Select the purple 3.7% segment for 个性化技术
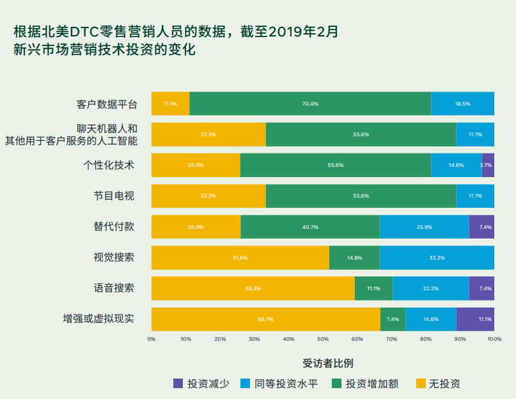488,165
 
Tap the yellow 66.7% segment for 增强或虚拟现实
265,319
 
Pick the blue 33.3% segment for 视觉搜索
437,258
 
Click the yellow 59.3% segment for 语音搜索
253,288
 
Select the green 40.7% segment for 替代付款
310,227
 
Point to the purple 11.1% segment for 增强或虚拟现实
475,319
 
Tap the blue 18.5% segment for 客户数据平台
462,104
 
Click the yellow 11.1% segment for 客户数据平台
170,104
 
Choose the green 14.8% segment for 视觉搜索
354,258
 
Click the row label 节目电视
114,196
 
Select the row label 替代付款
114,226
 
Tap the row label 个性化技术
109,165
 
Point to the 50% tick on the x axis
323,339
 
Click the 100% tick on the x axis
494,339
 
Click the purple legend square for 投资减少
178,384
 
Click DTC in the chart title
83,31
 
